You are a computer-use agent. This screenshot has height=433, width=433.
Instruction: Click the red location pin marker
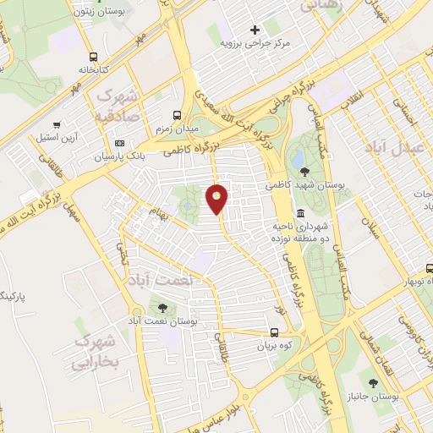click(x=217, y=199)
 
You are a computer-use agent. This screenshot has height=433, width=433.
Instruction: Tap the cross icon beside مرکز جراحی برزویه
click(x=254, y=30)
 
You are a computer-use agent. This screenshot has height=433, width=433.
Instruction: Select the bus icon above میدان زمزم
click(x=177, y=115)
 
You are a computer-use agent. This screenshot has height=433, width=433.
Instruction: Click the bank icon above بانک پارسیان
click(x=119, y=143)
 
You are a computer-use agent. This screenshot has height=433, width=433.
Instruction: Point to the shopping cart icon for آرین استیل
click(x=57, y=123)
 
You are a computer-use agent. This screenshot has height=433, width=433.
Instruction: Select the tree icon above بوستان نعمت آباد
click(x=162, y=308)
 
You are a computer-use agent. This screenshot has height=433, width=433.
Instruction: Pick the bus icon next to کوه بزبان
click(x=275, y=332)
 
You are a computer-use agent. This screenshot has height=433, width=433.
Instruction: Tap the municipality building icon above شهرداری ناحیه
click(x=302, y=212)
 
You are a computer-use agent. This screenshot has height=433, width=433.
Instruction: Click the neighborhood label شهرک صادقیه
click(x=120, y=103)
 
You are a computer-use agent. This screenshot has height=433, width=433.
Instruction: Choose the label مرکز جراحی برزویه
click(x=254, y=42)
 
